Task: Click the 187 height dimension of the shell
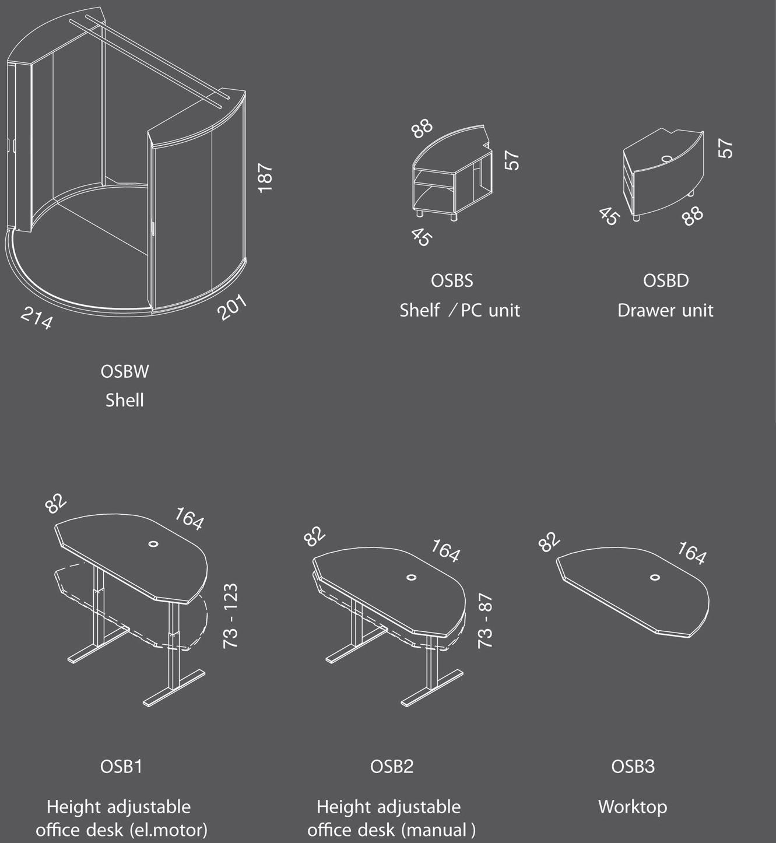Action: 265,178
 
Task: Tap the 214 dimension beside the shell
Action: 37,318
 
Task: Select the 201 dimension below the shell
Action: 233,307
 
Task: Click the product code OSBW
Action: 125,371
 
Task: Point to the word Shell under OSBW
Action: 125,401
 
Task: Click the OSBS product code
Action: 452,281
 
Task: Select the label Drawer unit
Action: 665,310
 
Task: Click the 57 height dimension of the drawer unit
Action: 725,148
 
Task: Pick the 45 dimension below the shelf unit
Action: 421,237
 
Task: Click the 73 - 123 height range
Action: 231,616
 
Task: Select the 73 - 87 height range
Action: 485,621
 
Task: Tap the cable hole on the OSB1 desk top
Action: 153,544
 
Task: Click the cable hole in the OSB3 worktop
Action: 655,577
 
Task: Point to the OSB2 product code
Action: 392,766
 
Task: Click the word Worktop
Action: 633,807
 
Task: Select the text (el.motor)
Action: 168,830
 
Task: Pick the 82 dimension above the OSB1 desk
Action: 56,504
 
